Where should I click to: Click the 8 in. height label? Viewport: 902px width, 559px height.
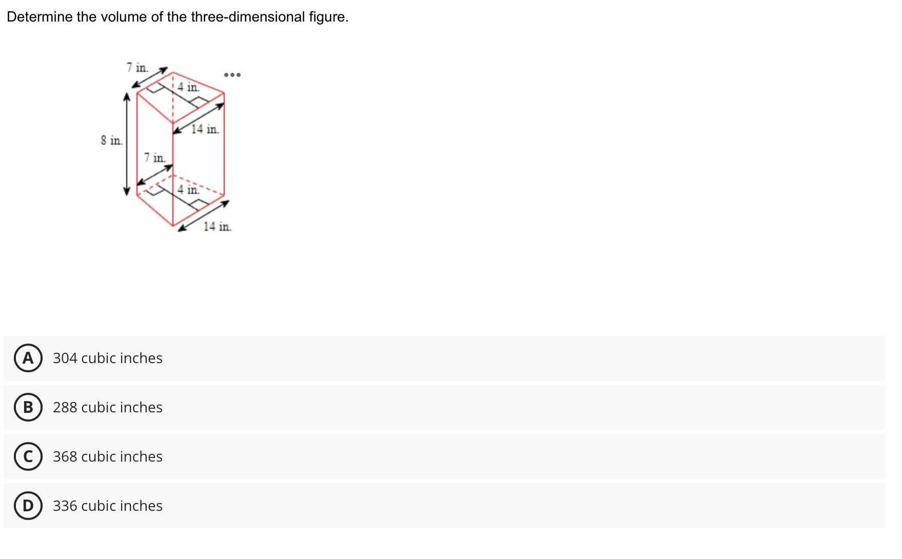111,140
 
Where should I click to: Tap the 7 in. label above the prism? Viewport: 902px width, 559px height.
137,67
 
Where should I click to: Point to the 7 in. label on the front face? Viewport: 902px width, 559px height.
154,157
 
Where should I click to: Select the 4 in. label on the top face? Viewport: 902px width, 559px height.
188,87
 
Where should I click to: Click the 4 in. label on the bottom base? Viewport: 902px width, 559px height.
188,189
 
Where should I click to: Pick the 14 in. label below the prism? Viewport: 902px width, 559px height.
217,226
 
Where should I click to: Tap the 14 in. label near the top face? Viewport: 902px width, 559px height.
205,129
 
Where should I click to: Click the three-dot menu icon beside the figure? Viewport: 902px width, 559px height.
232,75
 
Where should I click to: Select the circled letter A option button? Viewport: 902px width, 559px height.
28,358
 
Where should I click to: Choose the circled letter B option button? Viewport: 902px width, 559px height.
28,407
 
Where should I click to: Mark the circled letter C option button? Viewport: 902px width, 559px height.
28,456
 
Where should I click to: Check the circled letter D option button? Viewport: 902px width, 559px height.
28,506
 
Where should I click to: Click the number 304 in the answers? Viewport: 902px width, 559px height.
65,358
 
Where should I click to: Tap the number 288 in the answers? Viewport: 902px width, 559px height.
65,407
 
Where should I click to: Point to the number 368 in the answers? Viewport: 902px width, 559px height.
65,456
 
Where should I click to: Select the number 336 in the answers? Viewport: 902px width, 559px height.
65,506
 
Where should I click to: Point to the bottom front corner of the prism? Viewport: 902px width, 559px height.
173,225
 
